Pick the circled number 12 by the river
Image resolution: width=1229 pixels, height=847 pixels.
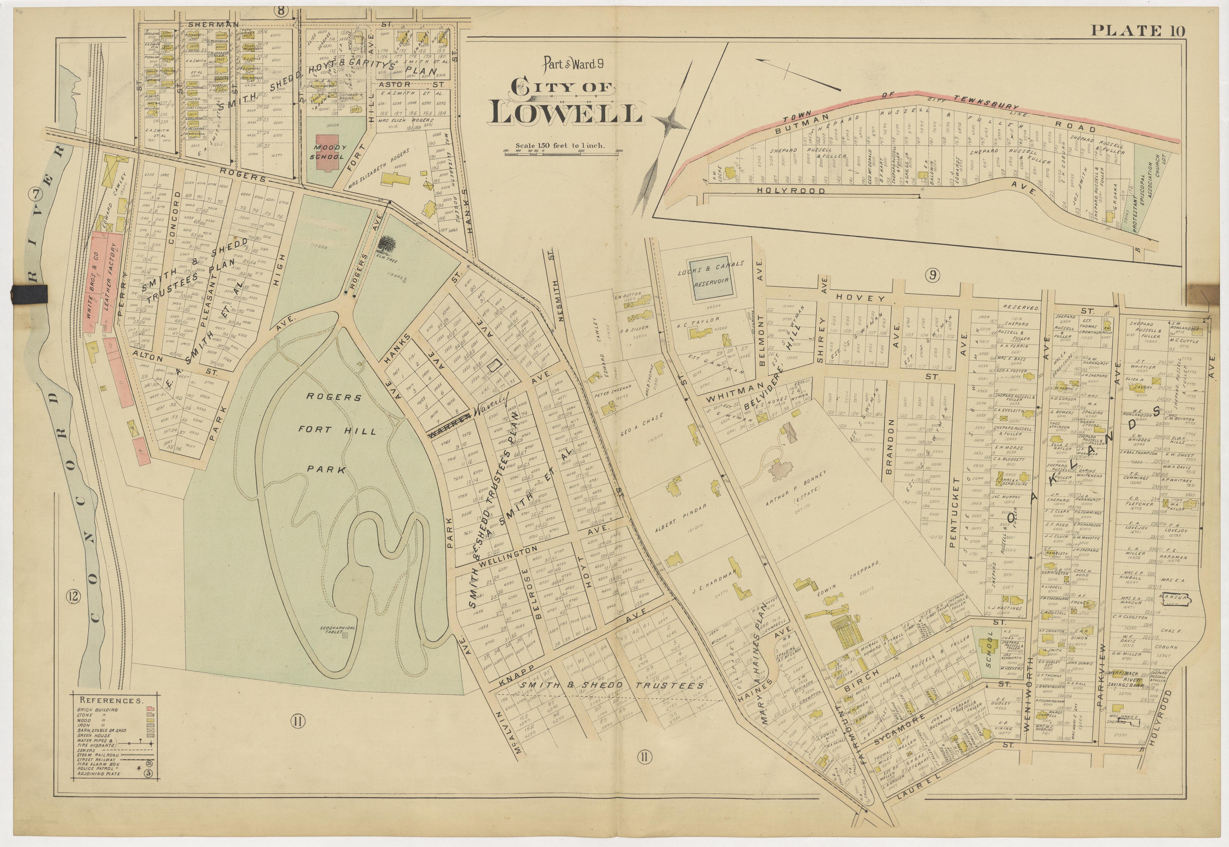coord(73,597)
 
